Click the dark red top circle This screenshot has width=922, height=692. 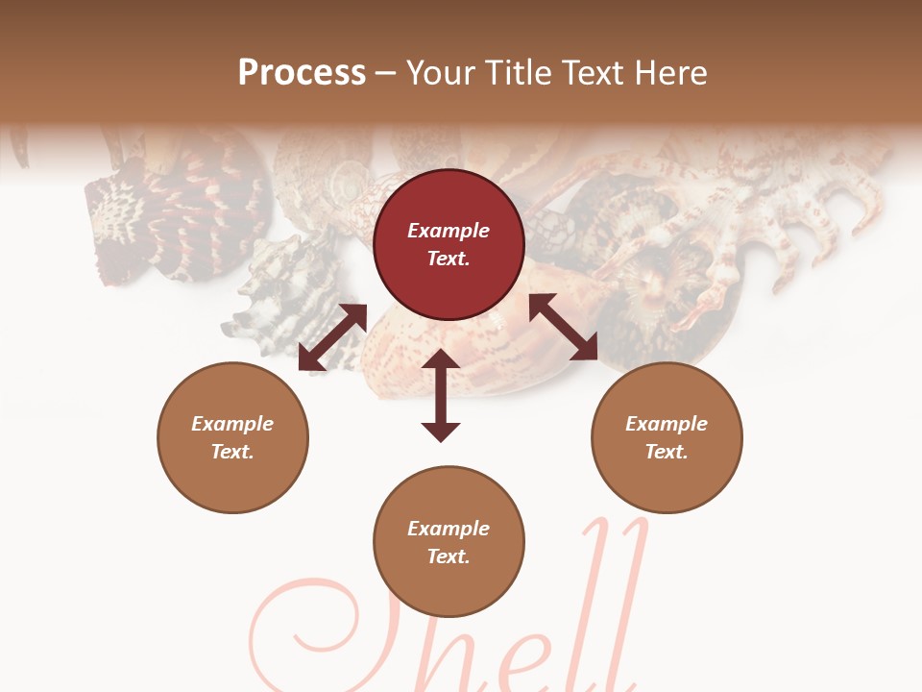(449, 245)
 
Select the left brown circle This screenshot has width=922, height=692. (232, 437)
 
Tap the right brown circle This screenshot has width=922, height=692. (667, 437)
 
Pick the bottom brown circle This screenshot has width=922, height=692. (449, 542)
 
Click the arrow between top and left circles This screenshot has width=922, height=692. (332, 337)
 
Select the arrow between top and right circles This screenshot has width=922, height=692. (564, 327)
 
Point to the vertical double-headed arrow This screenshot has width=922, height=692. (441, 395)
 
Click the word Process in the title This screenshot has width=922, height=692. (302, 72)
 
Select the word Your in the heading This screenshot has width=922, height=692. (439, 72)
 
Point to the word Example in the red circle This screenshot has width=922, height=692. (449, 231)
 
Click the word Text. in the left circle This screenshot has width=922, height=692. (232, 452)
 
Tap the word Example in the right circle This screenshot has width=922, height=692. (667, 423)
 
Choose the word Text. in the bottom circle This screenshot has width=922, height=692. (449, 556)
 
